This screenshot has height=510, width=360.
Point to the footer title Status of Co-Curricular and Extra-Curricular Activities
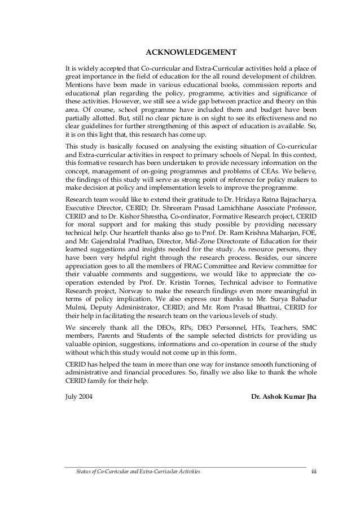click(x=133, y=470)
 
